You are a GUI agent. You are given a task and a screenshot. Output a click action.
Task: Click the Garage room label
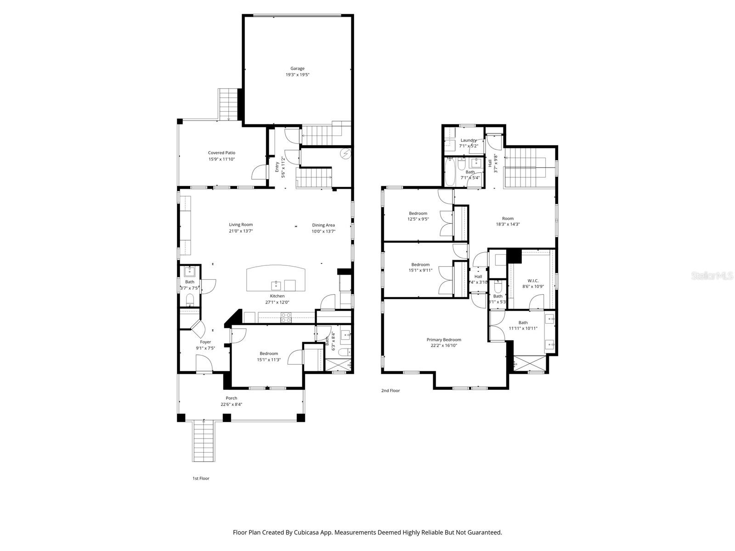[x=297, y=68]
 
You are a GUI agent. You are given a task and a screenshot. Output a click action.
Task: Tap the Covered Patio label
[x=221, y=153]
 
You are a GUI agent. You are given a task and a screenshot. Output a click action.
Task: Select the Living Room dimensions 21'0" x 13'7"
[x=241, y=231]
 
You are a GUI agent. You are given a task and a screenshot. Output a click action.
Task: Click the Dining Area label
[x=323, y=225]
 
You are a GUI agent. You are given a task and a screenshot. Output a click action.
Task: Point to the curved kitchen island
[x=276, y=278]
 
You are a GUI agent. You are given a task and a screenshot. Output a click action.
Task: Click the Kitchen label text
[x=277, y=296]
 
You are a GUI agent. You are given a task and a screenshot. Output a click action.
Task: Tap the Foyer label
[x=205, y=342]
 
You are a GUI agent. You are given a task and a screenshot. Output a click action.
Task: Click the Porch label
[x=232, y=398]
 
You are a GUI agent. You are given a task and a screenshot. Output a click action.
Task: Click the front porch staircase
[x=203, y=441]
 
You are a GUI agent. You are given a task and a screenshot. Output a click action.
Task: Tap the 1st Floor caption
[x=201, y=478]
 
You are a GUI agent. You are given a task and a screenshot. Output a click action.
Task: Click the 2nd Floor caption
[x=390, y=391]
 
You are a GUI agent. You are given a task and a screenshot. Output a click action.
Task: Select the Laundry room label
[x=469, y=140]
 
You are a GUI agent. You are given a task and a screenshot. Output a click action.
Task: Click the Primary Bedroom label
[x=444, y=340]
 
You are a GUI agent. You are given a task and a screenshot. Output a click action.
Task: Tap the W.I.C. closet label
[x=533, y=281]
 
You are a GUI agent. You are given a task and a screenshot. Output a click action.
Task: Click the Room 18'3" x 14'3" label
[x=508, y=219]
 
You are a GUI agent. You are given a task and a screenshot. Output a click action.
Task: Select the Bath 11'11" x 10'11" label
[x=523, y=322]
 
